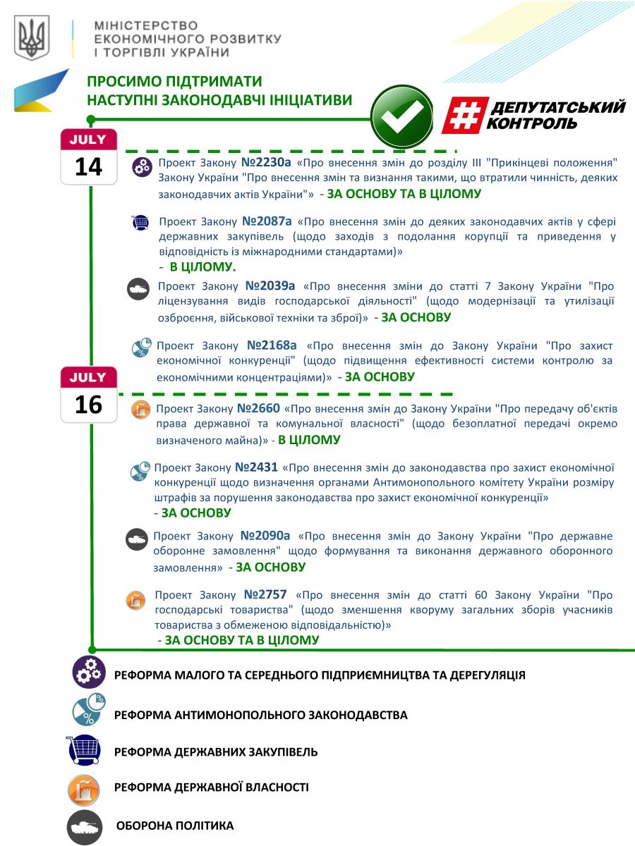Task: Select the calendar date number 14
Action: (x=88, y=167)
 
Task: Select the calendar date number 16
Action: (x=88, y=405)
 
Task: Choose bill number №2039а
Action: (x=270, y=286)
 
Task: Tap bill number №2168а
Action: (x=272, y=346)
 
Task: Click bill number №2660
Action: (x=258, y=408)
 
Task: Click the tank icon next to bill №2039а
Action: (x=137, y=288)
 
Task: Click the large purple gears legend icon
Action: (x=89, y=673)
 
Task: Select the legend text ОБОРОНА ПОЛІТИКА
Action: (x=174, y=826)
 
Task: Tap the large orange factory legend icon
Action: (x=83, y=788)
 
